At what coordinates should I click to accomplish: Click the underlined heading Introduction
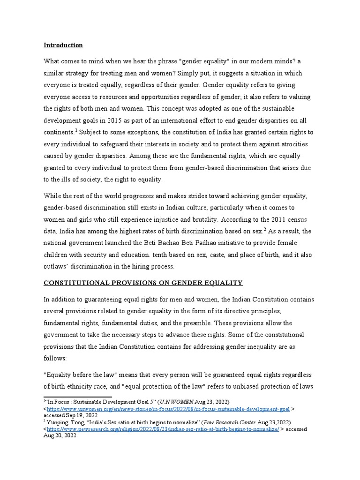[x=63, y=45]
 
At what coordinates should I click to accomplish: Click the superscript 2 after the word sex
[x=264, y=229]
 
